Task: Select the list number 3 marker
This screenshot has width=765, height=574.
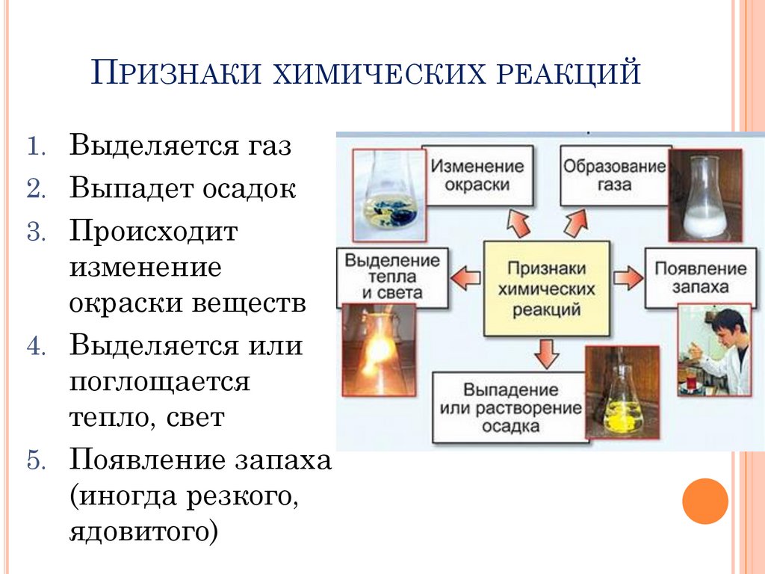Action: click(x=37, y=232)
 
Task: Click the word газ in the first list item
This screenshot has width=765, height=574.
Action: click(x=265, y=145)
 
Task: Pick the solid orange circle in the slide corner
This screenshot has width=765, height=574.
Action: click(x=704, y=501)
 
